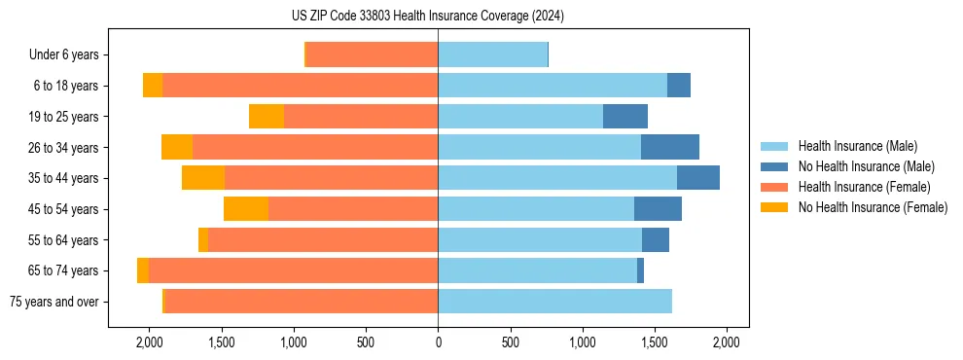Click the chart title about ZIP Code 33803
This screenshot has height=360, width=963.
427,16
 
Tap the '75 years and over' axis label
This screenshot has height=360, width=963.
53,302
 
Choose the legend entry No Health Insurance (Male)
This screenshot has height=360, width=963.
866,166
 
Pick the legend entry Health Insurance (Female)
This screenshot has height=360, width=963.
864,187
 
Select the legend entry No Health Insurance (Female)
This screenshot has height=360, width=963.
873,207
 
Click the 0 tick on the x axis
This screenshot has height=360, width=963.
438,342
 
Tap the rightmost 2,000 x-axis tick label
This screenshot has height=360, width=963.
727,342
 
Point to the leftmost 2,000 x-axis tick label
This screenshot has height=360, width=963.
149,342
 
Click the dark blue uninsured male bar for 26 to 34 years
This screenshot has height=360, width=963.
670,147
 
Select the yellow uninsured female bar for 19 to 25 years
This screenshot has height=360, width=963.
267,117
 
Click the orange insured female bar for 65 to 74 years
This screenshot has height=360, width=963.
293,270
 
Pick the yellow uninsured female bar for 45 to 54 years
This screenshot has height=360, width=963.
246,209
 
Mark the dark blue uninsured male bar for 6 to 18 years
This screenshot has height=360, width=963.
679,86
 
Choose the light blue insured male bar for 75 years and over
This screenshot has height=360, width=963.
554,302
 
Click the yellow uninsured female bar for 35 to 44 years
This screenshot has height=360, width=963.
203,178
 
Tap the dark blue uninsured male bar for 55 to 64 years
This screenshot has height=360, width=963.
656,239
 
